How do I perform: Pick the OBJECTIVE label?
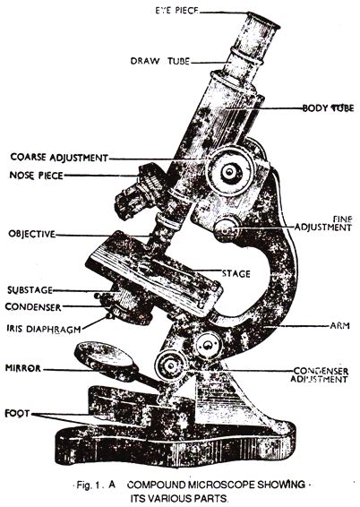click(30, 235)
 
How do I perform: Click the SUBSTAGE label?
click(30, 291)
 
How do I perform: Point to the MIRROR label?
click(21, 367)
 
